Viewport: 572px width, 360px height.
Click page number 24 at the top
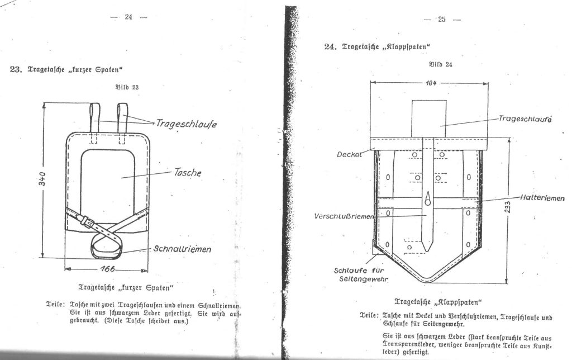tap(128, 16)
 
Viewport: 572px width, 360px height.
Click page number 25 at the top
tap(442, 20)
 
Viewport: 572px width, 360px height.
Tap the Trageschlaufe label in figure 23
tap(187, 124)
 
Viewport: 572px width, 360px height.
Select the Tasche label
tap(188, 172)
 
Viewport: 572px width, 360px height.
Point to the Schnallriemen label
tap(182, 249)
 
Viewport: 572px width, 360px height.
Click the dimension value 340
tap(42, 178)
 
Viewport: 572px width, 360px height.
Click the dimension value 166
tap(107, 269)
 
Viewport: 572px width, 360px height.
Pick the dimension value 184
tap(431, 83)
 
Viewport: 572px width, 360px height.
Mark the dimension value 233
tap(507, 207)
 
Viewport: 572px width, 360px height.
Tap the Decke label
tap(349, 154)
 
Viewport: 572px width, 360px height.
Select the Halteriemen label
tap(542, 198)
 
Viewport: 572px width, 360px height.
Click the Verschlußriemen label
tap(344, 216)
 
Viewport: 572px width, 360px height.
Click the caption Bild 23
tap(127, 87)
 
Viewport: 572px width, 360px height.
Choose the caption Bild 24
tap(441, 65)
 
